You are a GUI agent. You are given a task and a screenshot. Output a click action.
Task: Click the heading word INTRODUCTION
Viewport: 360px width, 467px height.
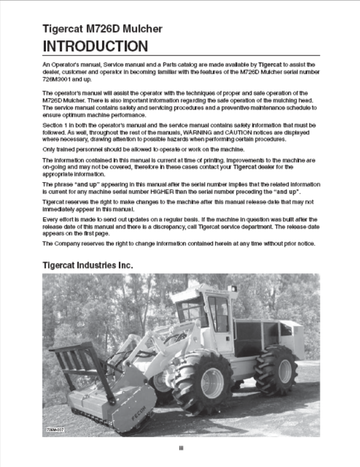[95, 46]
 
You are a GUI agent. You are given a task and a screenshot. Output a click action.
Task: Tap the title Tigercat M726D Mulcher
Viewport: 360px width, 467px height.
[102, 29]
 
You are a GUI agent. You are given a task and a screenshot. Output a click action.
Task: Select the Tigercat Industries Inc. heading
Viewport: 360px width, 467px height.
[88, 265]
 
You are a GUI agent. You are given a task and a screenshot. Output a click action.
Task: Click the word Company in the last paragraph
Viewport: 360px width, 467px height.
[70, 243]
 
